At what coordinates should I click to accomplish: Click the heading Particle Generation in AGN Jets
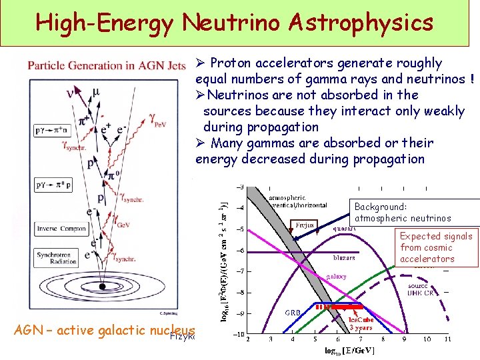coord(107,65)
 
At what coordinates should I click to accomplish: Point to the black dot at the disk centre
coord(101,287)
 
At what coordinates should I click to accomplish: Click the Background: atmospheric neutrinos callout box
coord(414,213)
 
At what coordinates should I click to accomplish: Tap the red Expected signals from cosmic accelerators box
coord(436,247)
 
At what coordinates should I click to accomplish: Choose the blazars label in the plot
coord(344,257)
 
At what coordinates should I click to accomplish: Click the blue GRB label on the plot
coord(293,312)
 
